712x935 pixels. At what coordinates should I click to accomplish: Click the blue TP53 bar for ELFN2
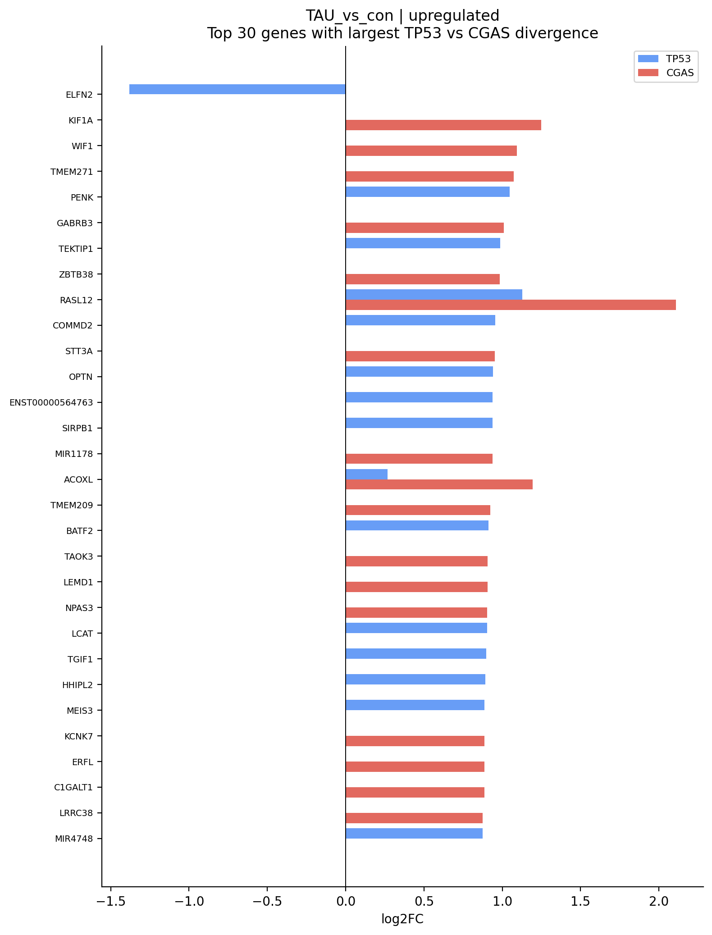[237, 89]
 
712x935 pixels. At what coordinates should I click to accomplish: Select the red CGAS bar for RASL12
[510, 305]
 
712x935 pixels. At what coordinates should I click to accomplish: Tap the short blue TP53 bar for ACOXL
[366, 474]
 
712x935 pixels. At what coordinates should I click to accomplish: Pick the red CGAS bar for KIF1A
[443, 125]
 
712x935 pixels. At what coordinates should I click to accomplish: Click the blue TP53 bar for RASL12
[434, 294]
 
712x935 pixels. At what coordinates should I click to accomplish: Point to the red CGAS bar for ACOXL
[439, 484]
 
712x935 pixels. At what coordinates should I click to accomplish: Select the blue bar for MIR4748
[414, 833]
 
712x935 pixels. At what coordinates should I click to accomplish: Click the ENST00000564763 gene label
[51, 402]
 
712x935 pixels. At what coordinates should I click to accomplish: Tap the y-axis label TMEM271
[72, 172]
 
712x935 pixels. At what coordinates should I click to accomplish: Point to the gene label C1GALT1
[73, 787]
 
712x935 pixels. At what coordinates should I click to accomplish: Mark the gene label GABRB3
[75, 223]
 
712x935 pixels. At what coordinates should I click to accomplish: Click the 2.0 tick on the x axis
[658, 901]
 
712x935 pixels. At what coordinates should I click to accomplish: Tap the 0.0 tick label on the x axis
[346, 901]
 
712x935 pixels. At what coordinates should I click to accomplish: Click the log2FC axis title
[402, 919]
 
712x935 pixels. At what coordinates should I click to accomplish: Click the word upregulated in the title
[454, 16]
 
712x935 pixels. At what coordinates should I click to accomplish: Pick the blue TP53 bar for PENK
[427, 192]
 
